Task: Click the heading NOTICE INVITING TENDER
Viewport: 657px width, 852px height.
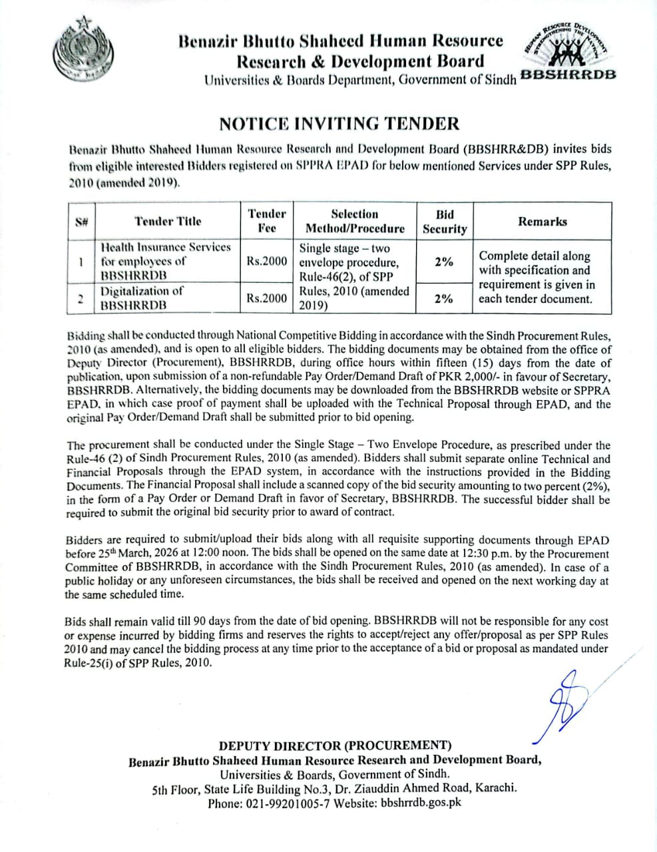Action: click(339, 124)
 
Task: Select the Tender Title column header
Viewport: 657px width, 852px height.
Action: click(167, 222)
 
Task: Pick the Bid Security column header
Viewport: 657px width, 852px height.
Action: click(445, 222)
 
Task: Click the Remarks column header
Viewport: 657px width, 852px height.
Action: click(543, 222)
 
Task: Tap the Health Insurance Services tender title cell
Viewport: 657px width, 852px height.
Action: click(165, 261)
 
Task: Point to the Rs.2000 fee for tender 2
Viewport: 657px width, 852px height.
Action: click(266, 298)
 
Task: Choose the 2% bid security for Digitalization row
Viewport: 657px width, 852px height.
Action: click(444, 298)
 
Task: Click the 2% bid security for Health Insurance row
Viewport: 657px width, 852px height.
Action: click(444, 262)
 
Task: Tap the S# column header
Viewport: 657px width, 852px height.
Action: click(82, 222)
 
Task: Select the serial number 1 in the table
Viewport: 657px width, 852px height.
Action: click(81, 262)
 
